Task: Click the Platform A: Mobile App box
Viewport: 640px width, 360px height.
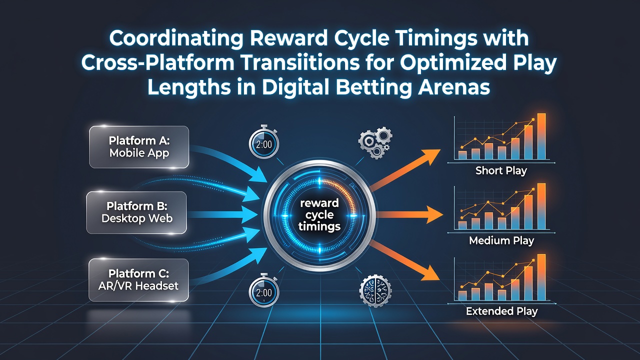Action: [139, 147]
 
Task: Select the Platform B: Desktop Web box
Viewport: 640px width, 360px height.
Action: [136, 212]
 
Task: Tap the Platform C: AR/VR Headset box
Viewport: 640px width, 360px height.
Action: [139, 280]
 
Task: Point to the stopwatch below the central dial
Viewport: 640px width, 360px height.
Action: [263, 291]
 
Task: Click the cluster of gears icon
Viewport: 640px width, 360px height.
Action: [375, 143]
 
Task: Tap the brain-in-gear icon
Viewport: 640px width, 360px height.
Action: [375, 290]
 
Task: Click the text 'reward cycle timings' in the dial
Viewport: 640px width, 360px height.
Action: [319, 215]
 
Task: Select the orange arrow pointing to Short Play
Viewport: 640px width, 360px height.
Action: [405, 169]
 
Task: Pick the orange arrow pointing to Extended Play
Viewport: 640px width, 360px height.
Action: [404, 260]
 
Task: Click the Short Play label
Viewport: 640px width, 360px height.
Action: [501, 171]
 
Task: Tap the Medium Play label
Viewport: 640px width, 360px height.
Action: [501, 240]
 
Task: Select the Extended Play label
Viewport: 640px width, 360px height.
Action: [501, 311]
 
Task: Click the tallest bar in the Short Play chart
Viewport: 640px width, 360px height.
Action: [541, 136]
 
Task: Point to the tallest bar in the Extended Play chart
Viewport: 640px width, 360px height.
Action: [541, 277]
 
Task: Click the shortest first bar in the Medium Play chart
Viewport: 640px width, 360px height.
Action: [462, 225]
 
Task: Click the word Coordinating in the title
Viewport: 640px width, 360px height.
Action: [176, 39]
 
